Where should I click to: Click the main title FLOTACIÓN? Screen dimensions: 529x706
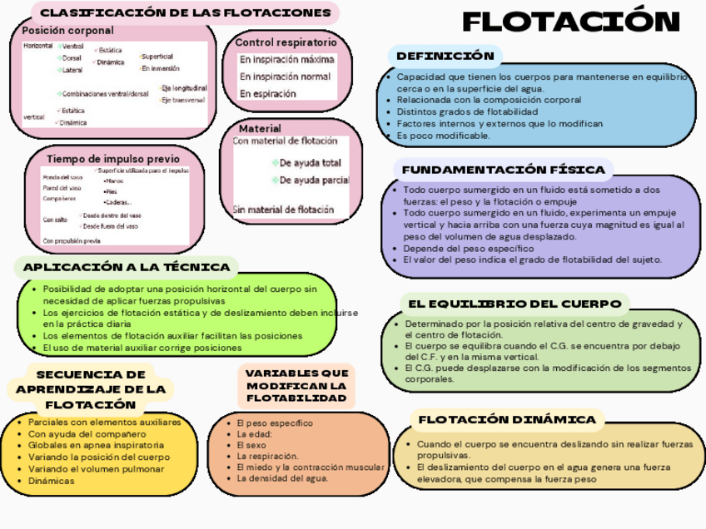(571, 24)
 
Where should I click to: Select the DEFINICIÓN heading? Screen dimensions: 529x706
(445, 57)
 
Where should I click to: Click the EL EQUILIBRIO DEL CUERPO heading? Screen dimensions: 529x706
(514, 303)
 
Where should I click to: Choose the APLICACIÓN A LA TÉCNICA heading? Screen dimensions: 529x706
(127, 267)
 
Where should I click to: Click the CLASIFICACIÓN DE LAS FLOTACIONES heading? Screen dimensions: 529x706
(185, 13)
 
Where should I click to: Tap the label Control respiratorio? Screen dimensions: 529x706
(286, 42)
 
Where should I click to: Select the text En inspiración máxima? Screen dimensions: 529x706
(286, 60)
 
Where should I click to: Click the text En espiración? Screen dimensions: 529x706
(267, 94)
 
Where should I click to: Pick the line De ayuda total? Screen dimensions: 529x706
(310, 162)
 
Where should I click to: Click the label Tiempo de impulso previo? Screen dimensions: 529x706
(112, 159)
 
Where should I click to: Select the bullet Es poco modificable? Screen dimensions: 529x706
(443, 135)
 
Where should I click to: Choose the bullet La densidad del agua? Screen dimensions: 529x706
(282, 478)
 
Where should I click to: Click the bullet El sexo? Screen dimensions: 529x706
(247, 445)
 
